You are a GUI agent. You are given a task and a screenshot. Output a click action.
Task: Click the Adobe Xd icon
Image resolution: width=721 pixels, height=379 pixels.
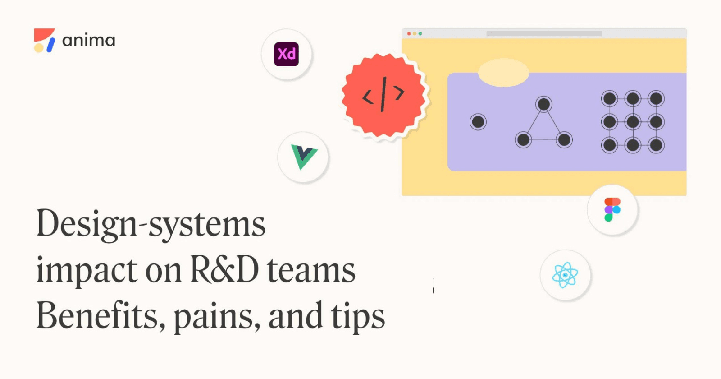(287, 54)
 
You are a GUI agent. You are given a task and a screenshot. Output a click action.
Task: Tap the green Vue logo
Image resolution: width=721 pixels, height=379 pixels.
(304, 157)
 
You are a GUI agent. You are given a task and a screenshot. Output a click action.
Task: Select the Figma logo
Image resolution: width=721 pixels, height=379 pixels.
(612, 210)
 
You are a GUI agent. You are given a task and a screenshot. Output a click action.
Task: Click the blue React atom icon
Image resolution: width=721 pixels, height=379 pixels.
(565, 275)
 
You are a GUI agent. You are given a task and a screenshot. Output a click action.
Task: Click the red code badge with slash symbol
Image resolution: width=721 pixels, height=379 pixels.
(383, 95)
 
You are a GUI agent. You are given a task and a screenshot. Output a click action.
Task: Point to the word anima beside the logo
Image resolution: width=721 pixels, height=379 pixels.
(89, 41)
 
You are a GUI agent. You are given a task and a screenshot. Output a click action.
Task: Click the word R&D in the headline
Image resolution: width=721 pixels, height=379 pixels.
(224, 270)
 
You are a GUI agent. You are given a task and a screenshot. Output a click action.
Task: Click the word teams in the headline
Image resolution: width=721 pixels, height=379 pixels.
(311, 270)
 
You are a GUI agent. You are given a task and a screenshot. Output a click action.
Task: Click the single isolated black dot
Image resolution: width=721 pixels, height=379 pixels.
(478, 122)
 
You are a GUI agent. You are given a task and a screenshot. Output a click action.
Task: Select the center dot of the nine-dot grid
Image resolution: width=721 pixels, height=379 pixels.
(633, 122)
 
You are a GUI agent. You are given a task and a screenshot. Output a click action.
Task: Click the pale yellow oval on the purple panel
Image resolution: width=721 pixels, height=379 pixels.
(503, 72)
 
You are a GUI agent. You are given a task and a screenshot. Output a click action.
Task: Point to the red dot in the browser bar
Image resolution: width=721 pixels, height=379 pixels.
(409, 34)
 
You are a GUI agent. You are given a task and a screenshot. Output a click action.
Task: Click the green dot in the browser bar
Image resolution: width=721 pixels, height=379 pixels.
(420, 34)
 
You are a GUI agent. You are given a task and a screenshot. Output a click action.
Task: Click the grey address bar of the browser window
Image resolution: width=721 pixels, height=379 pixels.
(544, 34)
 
